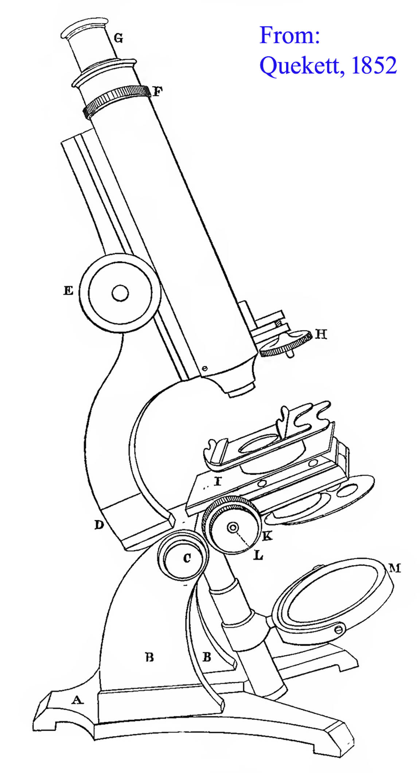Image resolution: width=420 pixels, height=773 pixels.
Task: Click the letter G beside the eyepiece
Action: coord(118,38)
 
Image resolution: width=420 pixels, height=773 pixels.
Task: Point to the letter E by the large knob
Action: coord(69,291)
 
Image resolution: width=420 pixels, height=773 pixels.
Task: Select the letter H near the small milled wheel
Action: coord(321,334)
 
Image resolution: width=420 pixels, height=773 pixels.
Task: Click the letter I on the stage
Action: coord(218,482)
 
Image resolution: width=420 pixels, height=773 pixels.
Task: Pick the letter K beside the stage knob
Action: coord(267,536)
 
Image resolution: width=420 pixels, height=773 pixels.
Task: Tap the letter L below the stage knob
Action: coord(258,555)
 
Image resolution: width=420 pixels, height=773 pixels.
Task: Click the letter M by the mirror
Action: coord(395,568)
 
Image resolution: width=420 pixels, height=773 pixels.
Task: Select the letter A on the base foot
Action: coord(77,700)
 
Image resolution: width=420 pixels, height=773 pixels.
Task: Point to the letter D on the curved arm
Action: coord(99,525)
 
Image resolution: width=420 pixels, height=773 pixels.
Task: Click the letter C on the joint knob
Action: coord(187,558)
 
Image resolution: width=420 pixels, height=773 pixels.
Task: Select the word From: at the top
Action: coord(290,35)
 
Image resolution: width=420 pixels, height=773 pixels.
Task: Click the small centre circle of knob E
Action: coord(120,293)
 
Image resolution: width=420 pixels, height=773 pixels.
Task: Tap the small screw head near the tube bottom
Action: coord(205,368)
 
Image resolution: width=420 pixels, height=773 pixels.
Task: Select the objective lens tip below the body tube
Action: coord(241,389)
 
